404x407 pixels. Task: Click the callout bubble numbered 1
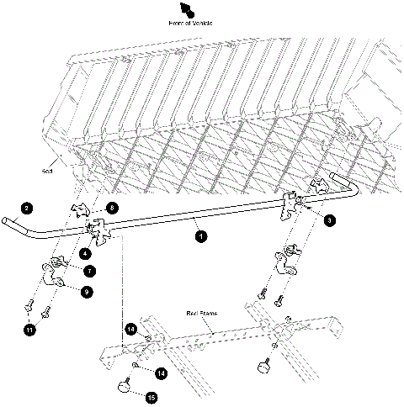pyautogui.click(x=200, y=238)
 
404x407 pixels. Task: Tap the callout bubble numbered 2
pyautogui.click(x=26, y=207)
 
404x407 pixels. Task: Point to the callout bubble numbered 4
pyautogui.click(x=86, y=251)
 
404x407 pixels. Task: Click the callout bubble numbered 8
pyautogui.click(x=113, y=206)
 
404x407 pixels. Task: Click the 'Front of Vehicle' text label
pyautogui.click(x=191, y=23)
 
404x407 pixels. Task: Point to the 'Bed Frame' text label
pyautogui.click(x=202, y=312)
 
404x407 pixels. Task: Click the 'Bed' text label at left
pyautogui.click(x=47, y=168)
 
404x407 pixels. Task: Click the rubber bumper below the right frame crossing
pyautogui.click(x=263, y=366)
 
